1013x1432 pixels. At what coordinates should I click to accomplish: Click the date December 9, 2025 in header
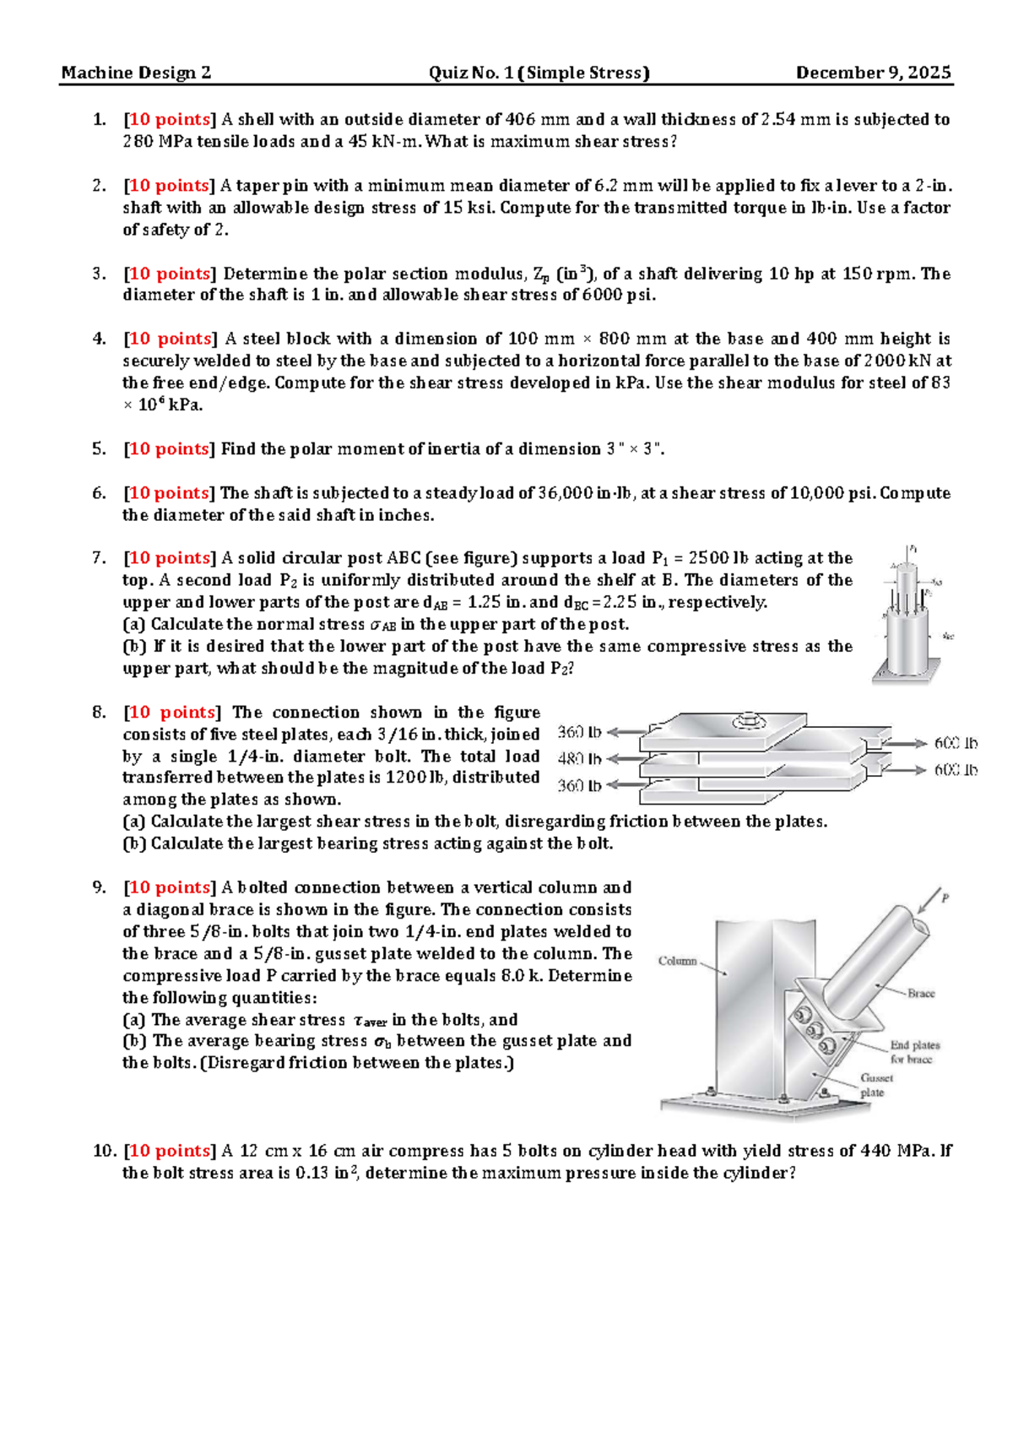click(x=873, y=73)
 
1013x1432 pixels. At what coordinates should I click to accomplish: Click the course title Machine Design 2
click(x=135, y=73)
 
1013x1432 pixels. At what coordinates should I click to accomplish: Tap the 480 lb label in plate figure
click(x=580, y=758)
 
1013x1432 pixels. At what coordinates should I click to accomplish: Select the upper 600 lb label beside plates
click(x=955, y=743)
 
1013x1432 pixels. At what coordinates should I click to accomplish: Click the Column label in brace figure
click(x=677, y=961)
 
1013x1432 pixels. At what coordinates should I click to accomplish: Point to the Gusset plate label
click(x=875, y=1085)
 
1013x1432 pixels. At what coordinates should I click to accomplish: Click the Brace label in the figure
click(x=920, y=993)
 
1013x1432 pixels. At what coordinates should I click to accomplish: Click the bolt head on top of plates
click(x=748, y=722)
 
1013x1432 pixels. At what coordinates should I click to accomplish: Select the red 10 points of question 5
click(x=169, y=449)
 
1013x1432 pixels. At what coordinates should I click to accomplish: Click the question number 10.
click(x=102, y=1151)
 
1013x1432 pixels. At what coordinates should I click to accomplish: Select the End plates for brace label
click(x=914, y=1052)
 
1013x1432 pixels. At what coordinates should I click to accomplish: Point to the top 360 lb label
click(x=580, y=732)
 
